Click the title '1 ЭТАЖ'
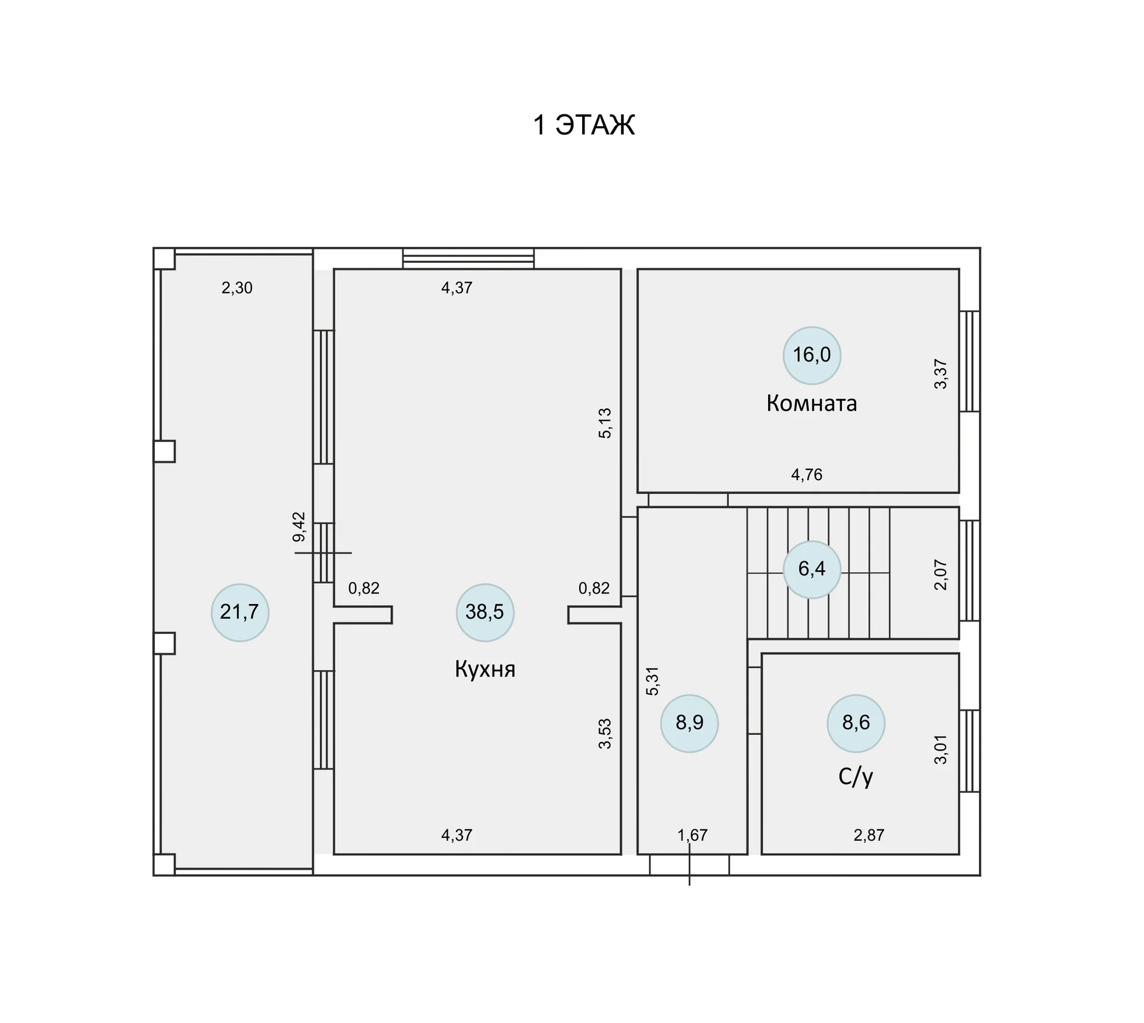[584, 125]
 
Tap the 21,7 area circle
[240, 612]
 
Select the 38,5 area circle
[485, 612]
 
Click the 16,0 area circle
[812, 355]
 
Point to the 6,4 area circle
[812, 569]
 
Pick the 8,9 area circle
[689, 723]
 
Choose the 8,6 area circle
[856, 723]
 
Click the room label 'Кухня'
[485, 669]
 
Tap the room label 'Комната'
[812, 403]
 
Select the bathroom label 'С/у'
[856, 776]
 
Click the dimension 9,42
[299, 527]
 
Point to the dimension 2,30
[237, 288]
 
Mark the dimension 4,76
[807, 475]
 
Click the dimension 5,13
[605, 423]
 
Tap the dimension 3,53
[605, 734]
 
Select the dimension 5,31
[653, 681]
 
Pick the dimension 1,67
[692, 835]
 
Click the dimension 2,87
[869, 835]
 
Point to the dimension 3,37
[940, 374]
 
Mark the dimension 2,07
[940, 574]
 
